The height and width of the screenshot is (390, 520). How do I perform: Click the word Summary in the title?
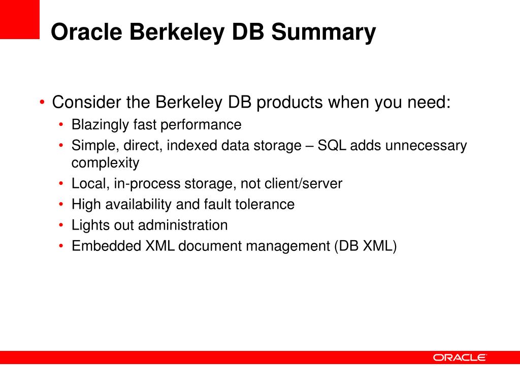pos(323,32)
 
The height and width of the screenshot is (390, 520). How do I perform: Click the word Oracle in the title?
pos(86,32)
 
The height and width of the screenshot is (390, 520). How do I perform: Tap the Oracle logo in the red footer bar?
pos(460,357)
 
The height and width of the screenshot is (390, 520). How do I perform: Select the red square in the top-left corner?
pos(19,19)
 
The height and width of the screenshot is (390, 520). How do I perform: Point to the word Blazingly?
pos(100,124)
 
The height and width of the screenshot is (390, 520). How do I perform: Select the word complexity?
pos(105,163)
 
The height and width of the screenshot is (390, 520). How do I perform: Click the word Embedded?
pos(106,246)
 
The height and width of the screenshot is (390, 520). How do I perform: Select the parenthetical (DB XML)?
pos(365,246)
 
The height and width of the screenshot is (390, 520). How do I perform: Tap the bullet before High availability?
pos(61,204)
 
